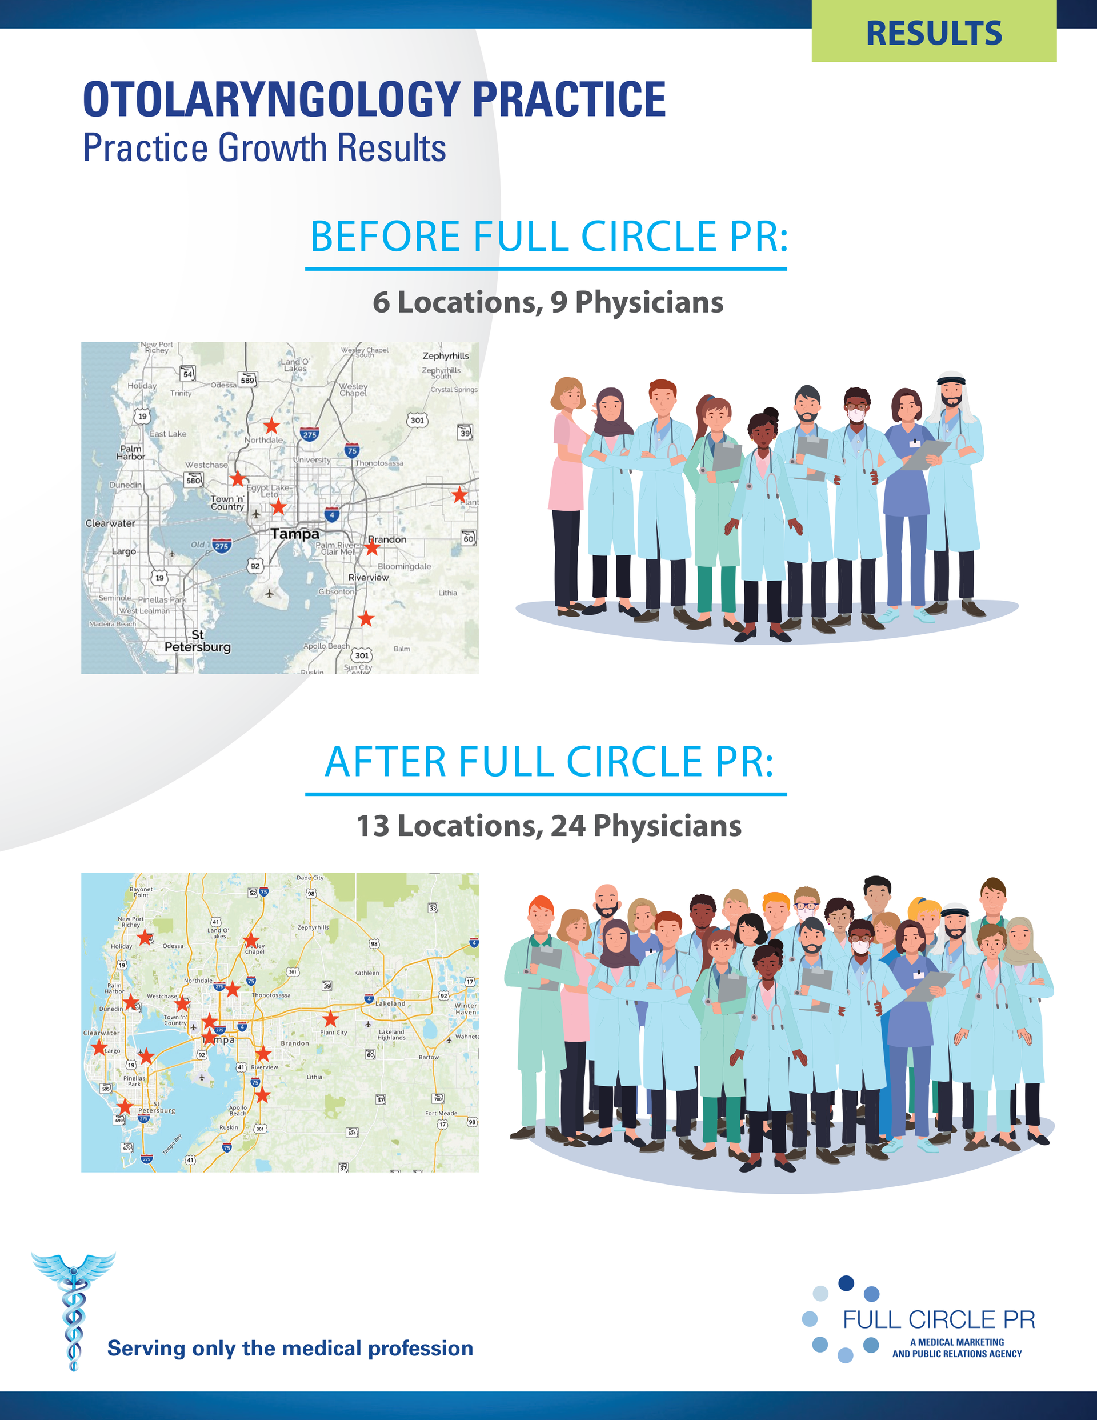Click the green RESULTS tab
tap(933, 33)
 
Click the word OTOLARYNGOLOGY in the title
tap(271, 100)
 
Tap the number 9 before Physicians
tap(559, 302)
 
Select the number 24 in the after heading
tap(568, 826)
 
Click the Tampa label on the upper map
tap(295, 534)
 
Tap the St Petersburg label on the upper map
tap(197, 641)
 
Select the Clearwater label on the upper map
tap(110, 523)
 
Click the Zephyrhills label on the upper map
tap(446, 355)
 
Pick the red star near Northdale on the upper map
tap(271, 426)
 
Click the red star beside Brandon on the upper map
tap(371, 547)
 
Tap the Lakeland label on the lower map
tap(390, 1003)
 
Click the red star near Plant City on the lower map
tap(330, 1018)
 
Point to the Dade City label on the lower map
tap(310, 878)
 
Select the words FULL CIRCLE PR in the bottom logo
tap(938, 1319)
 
